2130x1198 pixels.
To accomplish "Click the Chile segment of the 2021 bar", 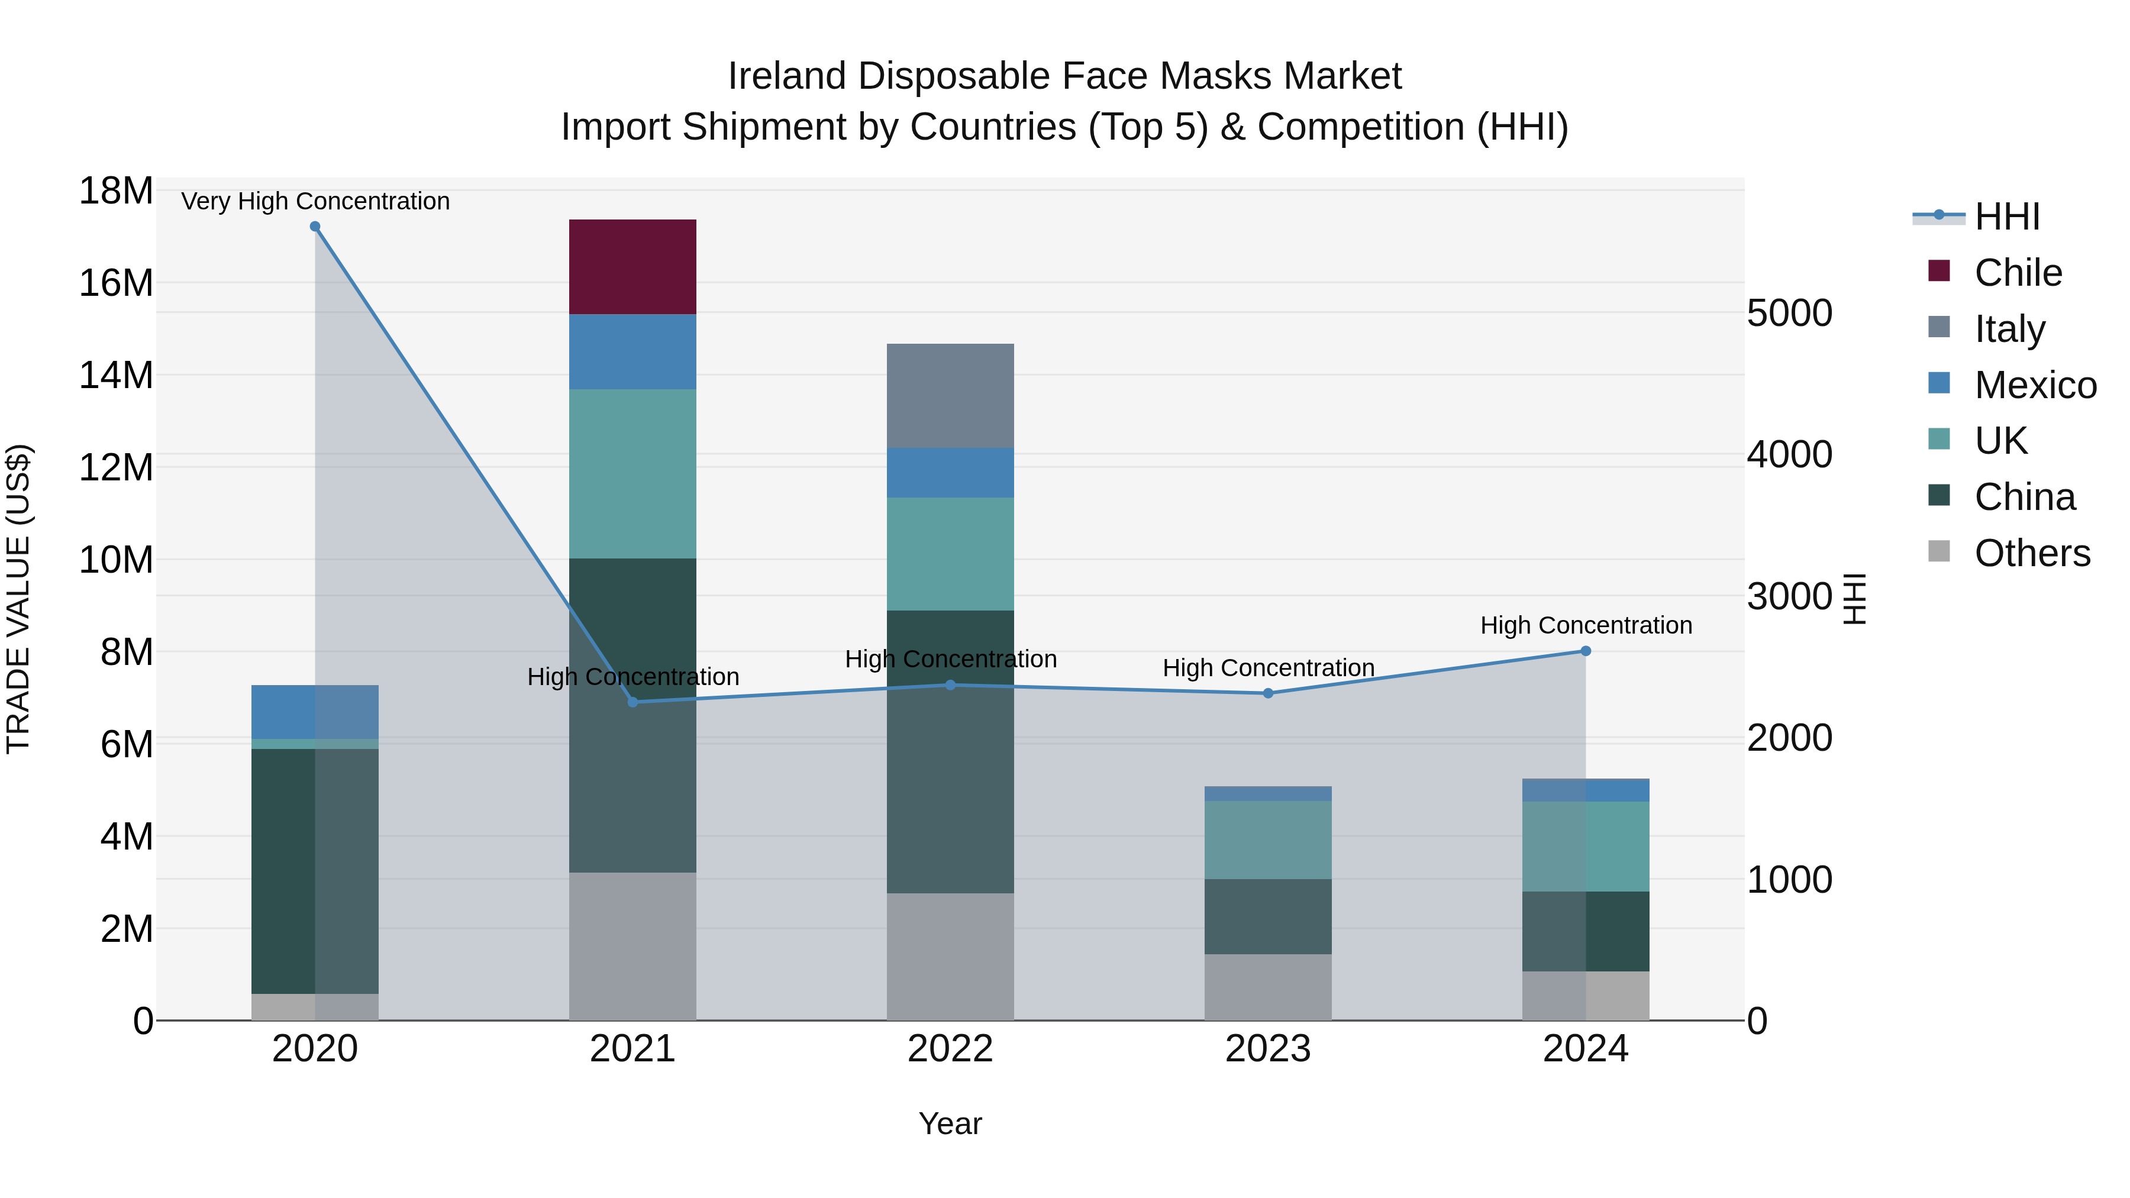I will [x=632, y=267].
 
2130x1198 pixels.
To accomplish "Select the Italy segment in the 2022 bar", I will [x=950, y=396].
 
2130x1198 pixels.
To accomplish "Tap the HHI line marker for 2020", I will [x=315, y=227].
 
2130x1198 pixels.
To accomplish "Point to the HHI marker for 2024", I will [x=1585, y=651].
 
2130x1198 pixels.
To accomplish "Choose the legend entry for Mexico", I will [x=2034, y=385].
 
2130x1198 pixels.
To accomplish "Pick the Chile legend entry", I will [x=2018, y=273].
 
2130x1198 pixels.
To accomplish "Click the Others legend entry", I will [x=2032, y=553].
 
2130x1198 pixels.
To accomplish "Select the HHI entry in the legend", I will [x=2007, y=217].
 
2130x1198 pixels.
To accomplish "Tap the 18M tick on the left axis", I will [x=116, y=191].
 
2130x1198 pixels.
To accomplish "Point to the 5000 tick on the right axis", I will [x=1789, y=314].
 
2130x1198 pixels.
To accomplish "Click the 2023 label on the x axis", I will [x=1267, y=1049].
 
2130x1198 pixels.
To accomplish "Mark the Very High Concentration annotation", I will [x=315, y=201].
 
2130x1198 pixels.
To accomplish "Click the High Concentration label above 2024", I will [x=1585, y=625].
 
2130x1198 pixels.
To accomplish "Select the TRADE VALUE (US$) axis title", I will [x=18, y=599].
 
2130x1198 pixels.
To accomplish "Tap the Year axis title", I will [x=950, y=1123].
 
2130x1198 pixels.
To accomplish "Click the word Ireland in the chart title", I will [x=786, y=76].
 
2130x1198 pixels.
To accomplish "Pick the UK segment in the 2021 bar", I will [x=632, y=474].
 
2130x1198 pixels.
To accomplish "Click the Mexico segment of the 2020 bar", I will [x=315, y=711].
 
